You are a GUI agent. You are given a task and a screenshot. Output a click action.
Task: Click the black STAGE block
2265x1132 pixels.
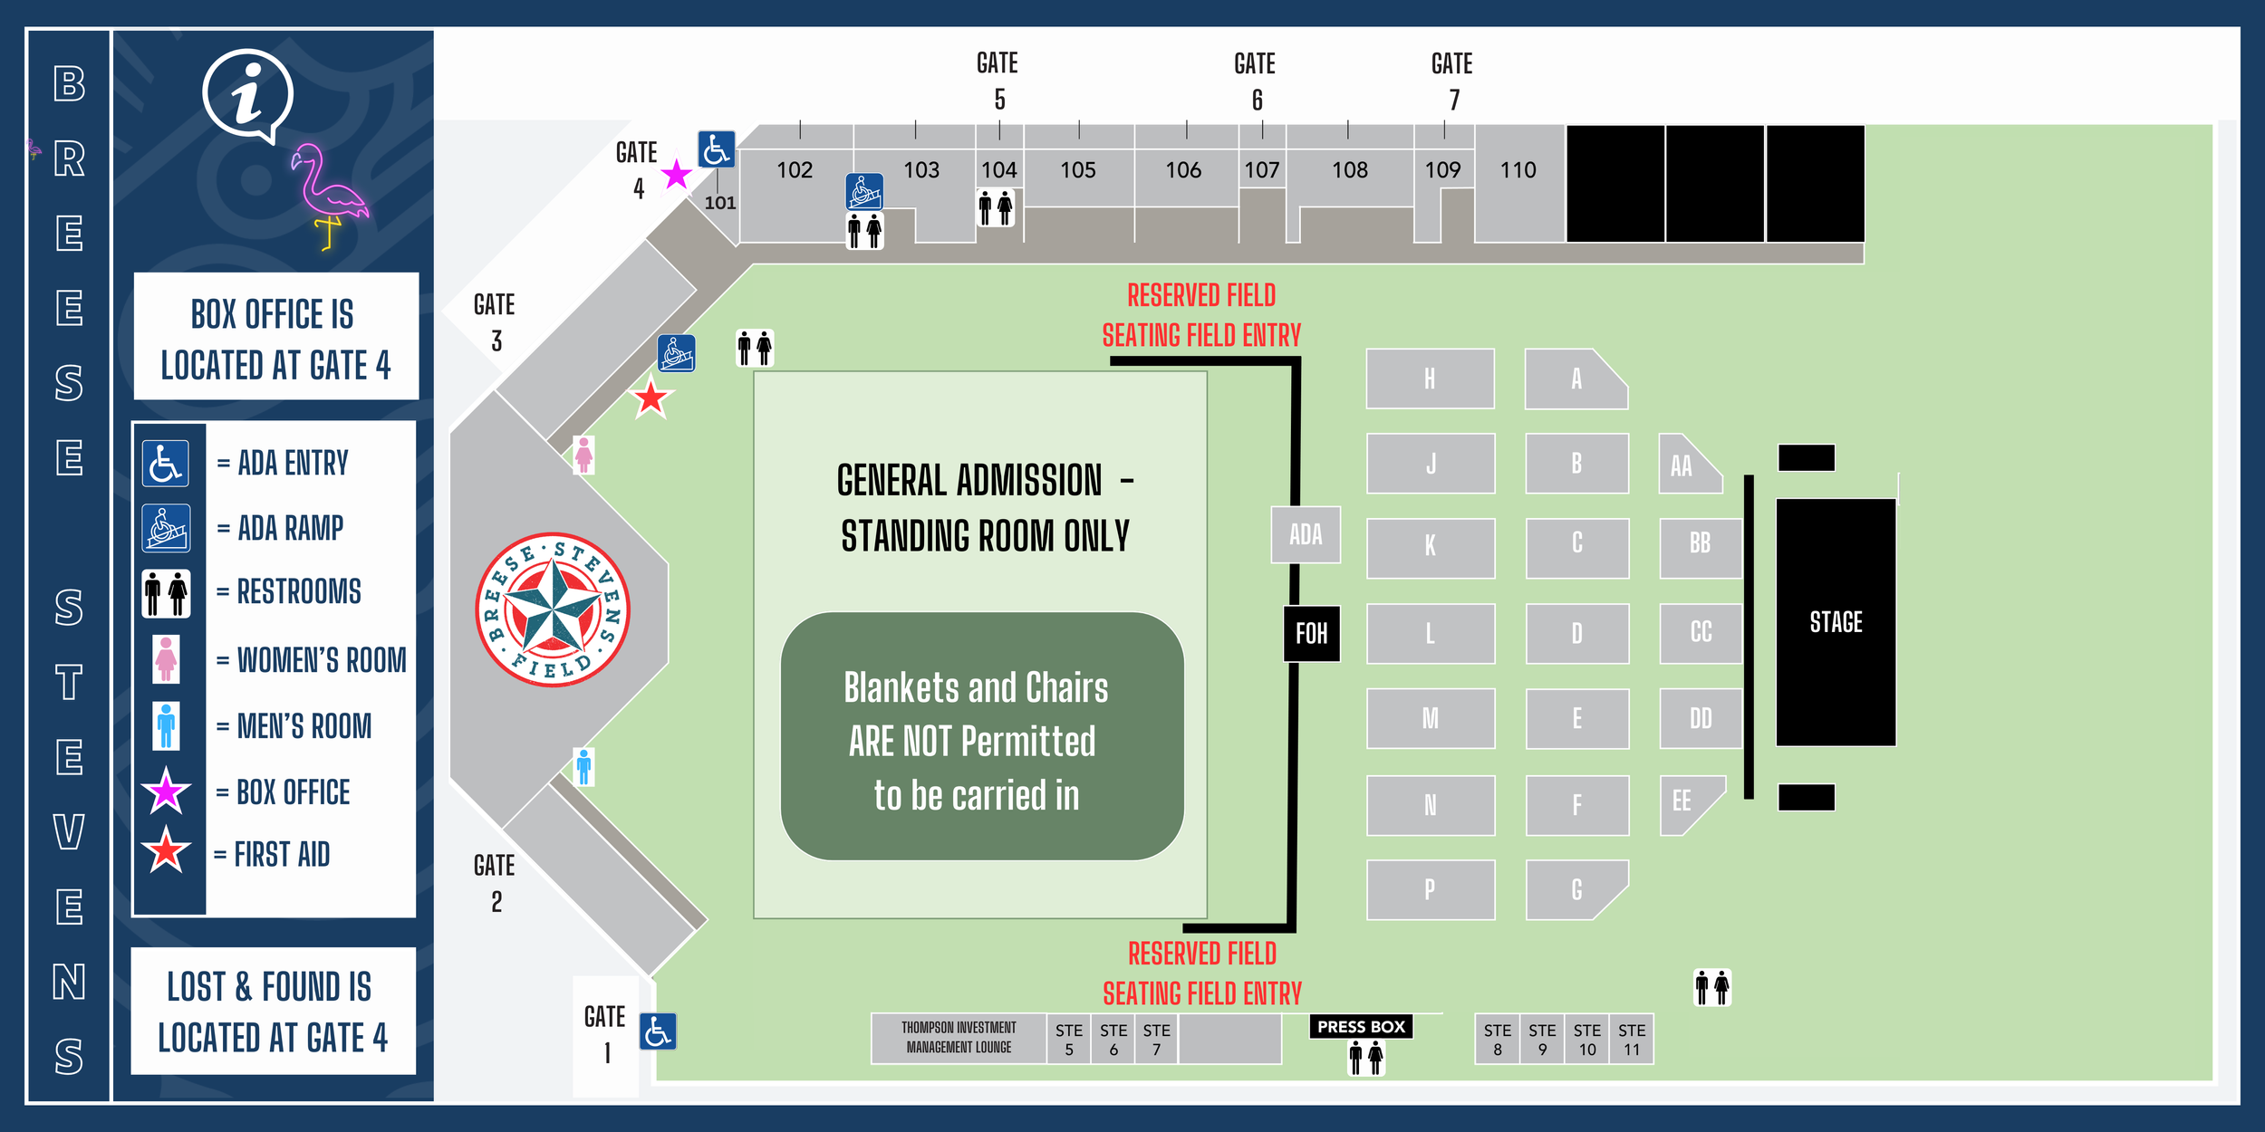point(1835,621)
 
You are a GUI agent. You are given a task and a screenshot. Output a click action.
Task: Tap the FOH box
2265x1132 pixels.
point(1311,633)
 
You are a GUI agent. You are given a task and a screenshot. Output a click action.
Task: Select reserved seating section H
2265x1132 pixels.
point(1430,379)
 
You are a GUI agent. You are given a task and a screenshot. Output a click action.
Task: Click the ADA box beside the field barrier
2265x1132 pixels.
point(1306,534)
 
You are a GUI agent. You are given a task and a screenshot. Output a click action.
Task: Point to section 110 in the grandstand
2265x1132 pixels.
point(1518,170)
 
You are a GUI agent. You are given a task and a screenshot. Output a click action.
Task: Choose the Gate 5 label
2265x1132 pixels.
point(998,81)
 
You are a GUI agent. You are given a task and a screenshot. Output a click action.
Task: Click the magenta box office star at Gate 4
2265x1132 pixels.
point(676,175)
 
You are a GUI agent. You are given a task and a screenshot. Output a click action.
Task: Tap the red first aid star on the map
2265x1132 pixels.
point(651,398)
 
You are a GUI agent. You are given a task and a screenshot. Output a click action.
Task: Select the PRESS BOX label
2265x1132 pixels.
point(1361,1026)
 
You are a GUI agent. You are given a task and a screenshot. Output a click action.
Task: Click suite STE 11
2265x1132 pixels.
point(1631,1039)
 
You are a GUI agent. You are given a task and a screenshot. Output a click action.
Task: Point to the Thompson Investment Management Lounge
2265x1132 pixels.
point(959,1038)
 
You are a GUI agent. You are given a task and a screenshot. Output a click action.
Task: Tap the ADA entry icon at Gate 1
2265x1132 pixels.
point(658,1031)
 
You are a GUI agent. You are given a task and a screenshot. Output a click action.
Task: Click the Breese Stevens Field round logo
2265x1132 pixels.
point(553,609)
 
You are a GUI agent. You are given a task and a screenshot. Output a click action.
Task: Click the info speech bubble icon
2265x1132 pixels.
point(247,95)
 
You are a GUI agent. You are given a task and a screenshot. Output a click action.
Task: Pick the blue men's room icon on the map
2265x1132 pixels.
point(584,766)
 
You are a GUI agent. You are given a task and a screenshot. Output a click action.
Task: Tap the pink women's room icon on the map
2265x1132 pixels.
point(583,455)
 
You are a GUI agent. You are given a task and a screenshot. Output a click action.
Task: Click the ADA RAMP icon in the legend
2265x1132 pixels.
point(166,528)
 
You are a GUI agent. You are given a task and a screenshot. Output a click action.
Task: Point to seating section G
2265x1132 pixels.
point(1576,889)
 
